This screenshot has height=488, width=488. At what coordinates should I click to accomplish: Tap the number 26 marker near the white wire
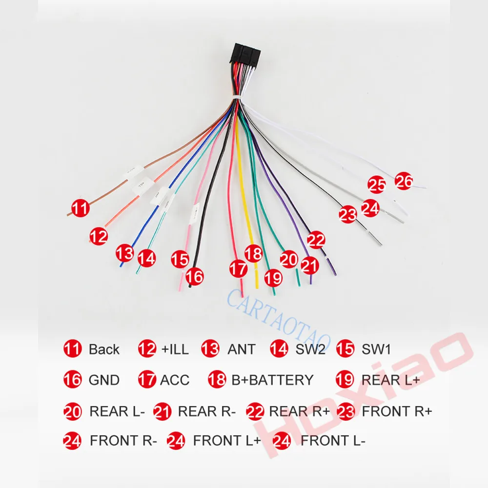click(x=404, y=182)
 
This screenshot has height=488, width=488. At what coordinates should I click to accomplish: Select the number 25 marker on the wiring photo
click(x=377, y=185)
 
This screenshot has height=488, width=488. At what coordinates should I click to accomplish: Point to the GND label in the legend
click(x=103, y=379)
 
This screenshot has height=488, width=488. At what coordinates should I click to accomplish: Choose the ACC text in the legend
click(x=174, y=379)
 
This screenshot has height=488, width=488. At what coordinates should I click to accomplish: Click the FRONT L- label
click(x=332, y=441)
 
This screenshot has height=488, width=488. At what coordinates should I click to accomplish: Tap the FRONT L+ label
click(x=226, y=441)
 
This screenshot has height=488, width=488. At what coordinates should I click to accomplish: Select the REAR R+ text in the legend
click(x=299, y=411)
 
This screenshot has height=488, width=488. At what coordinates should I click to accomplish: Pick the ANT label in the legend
click(x=241, y=349)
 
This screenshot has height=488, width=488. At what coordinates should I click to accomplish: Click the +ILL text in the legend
click(x=175, y=349)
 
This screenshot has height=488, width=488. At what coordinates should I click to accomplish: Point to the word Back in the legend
click(x=104, y=349)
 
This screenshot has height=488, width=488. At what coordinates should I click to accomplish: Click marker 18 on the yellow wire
click(x=253, y=254)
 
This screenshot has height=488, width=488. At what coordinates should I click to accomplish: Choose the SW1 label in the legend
click(x=376, y=349)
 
